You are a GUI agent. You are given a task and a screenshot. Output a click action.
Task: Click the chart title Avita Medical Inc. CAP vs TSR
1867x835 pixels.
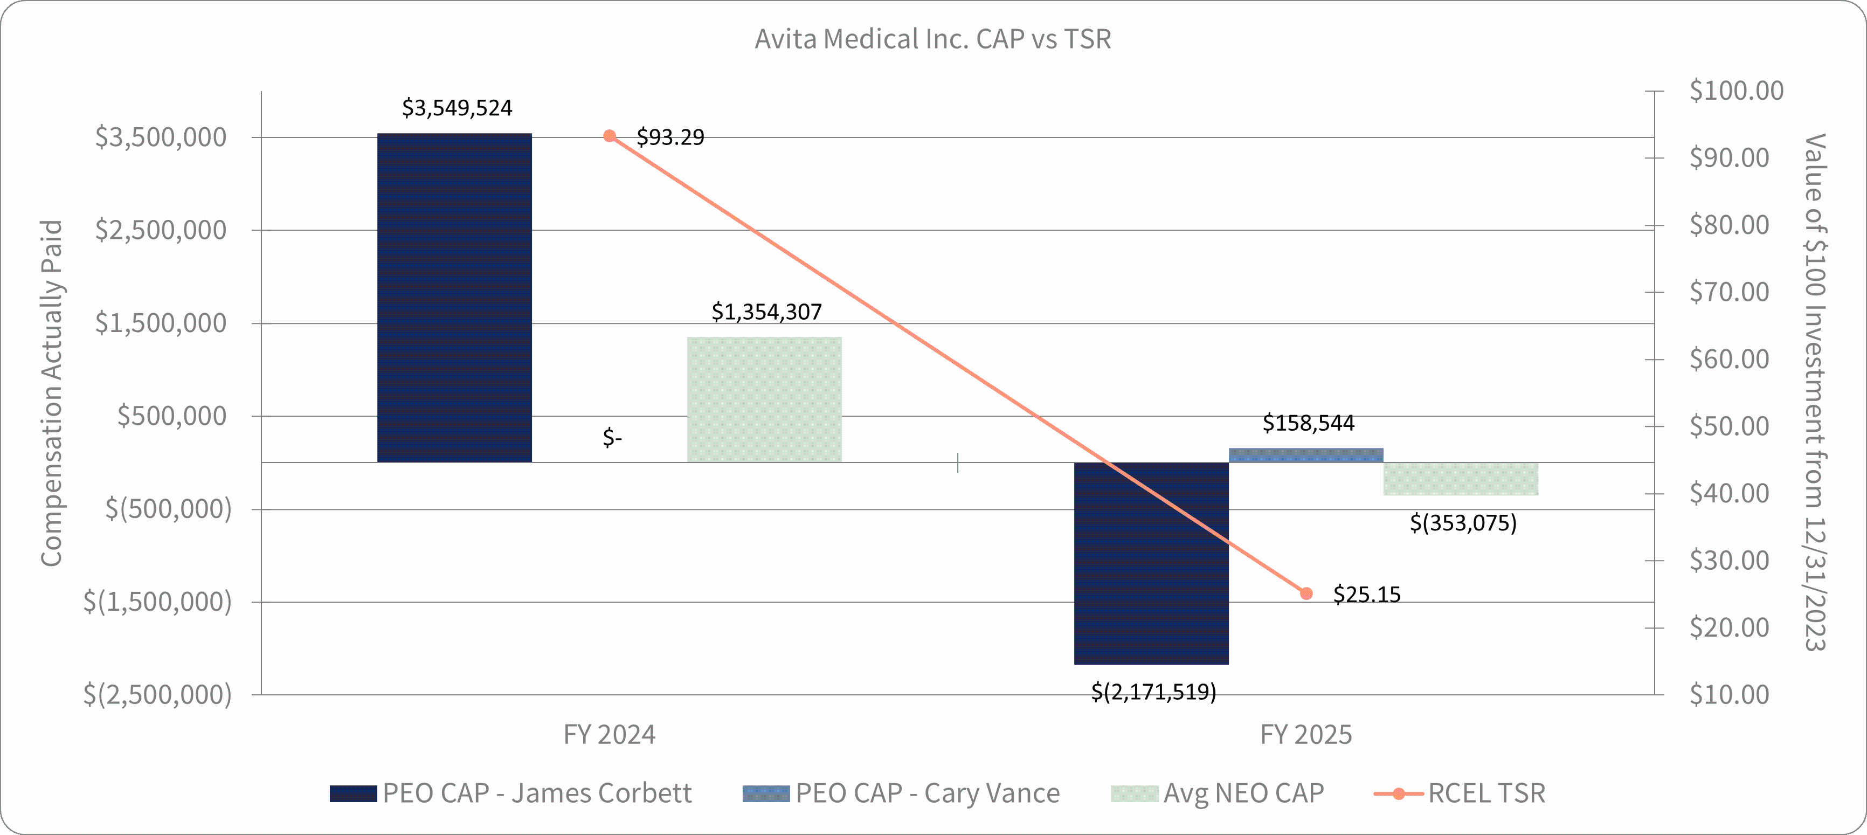tap(933, 39)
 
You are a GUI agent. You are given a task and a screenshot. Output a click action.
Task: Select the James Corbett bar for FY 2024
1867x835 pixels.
tap(454, 297)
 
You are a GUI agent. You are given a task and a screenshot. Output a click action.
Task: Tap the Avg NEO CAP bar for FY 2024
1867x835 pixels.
tap(764, 399)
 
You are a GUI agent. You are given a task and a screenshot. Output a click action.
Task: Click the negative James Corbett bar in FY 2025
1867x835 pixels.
tap(1151, 563)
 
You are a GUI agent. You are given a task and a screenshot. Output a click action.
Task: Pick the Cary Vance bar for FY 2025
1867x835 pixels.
tap(1305, 455)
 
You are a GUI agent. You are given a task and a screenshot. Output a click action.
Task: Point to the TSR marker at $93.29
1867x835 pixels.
tap(610, 136)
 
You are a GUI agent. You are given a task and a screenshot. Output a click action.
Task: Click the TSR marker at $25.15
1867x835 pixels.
tap(1306, 594)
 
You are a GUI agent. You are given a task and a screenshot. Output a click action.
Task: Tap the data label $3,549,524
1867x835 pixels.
tap(457, 108)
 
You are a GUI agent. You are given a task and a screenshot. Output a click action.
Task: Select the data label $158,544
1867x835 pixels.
tap(1308, 423)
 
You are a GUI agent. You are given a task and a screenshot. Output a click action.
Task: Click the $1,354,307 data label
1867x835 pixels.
tap(766, 312)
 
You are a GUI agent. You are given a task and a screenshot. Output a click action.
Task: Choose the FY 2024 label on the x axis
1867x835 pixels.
tap(610, 735)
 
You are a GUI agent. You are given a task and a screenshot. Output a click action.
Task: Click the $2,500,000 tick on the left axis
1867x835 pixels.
tap(161, 231)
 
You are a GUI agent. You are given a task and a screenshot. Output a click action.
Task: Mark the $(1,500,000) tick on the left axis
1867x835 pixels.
tap(157, 602)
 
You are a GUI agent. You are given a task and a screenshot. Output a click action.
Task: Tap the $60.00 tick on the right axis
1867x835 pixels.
tap(1730, 360)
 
